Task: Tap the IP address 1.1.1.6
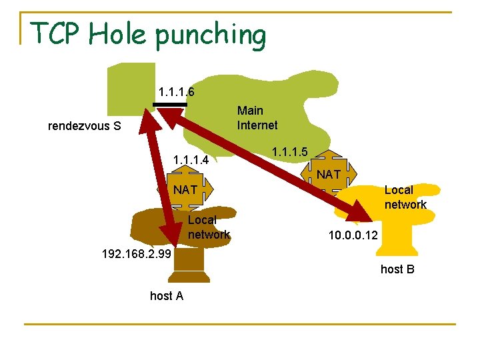click(176, 91)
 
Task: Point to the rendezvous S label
click(84, 125)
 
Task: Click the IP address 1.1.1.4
click(191, 160)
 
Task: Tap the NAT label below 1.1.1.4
click(185, 190)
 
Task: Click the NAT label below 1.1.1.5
click(329, 175)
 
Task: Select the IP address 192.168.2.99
click(136, 254)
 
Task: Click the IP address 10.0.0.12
click(353, 235)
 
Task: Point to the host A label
click(167, 295)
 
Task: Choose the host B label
click(397, 269)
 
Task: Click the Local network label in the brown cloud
click(208, 227)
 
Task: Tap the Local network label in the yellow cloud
click(405, 197)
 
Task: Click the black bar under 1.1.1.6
click(170, 105)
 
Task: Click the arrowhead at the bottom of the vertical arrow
click(171, 235)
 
